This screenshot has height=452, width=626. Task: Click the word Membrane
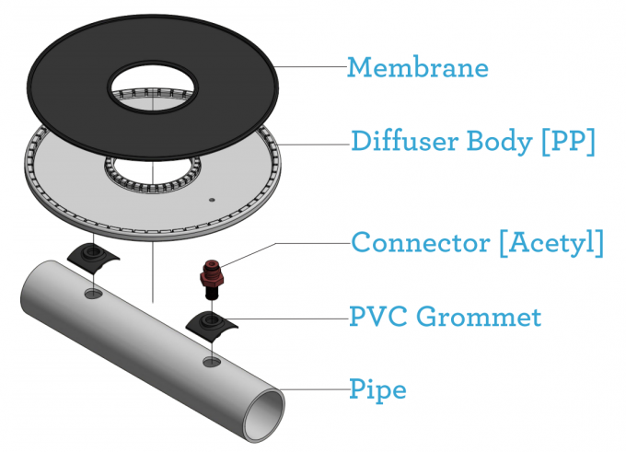(x=417, y=67)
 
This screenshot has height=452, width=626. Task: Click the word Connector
(x=409, y=243)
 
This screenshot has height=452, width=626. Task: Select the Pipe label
(x=378, y=389)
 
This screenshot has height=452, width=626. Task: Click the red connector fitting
(x=212, y=276)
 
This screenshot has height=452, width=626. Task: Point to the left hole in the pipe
(x=93, y=294)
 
